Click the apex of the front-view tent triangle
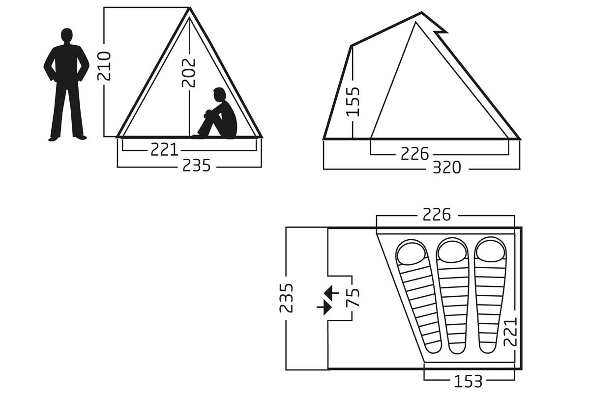click(x=190, y=8)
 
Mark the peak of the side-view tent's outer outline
click(x=421, y=12)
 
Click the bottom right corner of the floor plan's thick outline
click(x=521, y=369)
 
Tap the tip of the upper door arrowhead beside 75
click(x=324, y=292)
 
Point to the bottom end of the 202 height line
click(x=189, y=137)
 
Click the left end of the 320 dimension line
click(x=324, y=169)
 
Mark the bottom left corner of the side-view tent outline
click(x=324, y=139)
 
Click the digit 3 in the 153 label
click(x=477, y=381)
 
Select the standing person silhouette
click(x=66, y=84)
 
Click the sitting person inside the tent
click(x=216, y=113)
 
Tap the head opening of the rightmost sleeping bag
click(x=490, y=251)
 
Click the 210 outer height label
click(x=104, y=66)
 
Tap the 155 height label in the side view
click(x=353, y=102)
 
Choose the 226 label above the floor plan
click(x=437, y=215)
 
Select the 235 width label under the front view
click(x=197, y=166)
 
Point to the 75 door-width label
click(x=353, y=298)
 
